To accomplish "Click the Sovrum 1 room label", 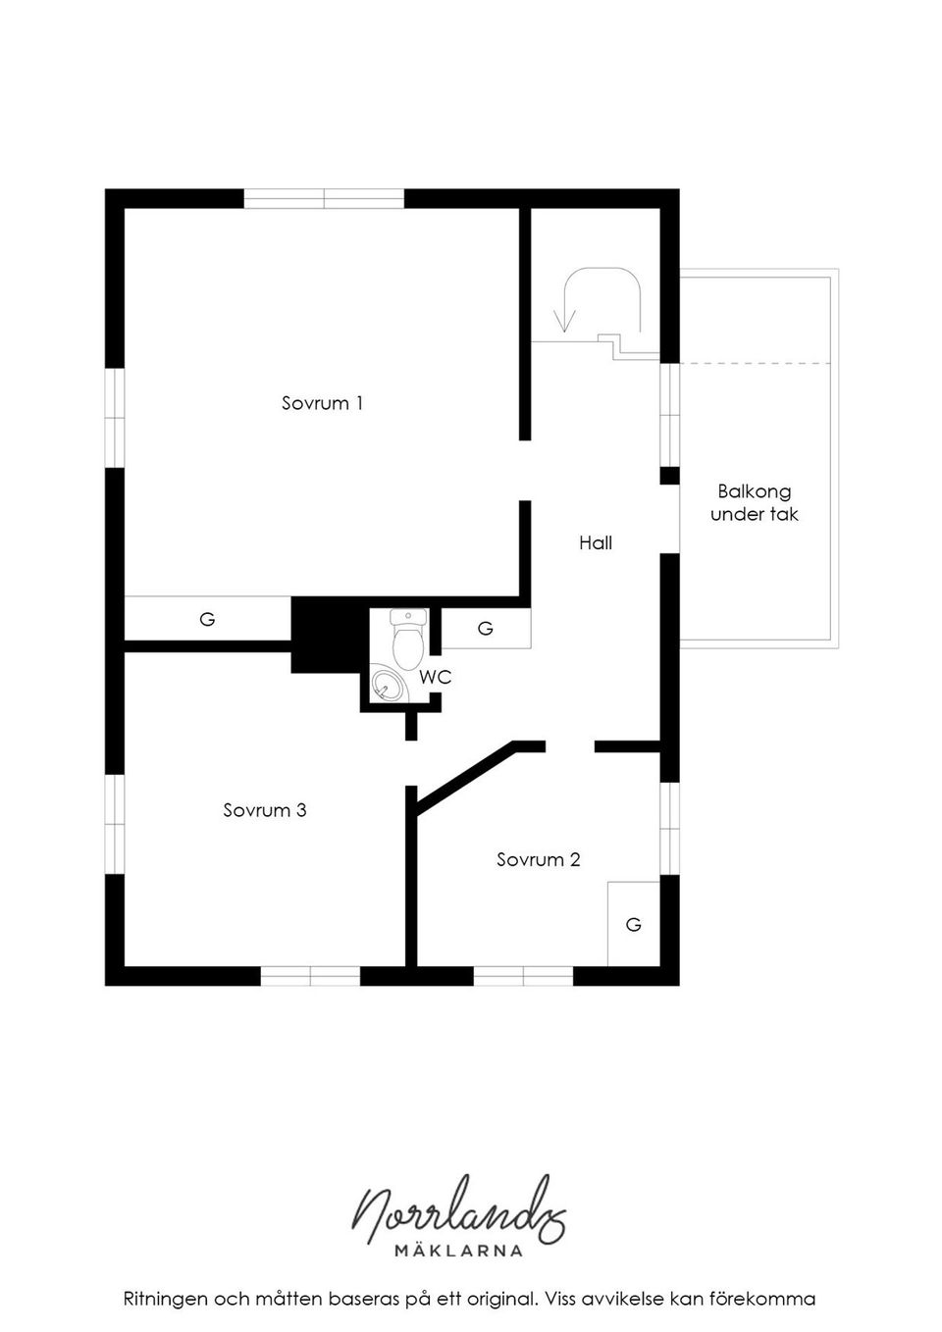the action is tap(322, 403).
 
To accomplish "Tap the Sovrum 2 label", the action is tap(538, 859).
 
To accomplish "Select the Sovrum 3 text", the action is tap(265, 810).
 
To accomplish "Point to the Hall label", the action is tap(596, 542).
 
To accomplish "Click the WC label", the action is tap(436, 677).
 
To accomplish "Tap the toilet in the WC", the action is tap(408, 640).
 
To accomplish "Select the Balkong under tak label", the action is tap(754, 502).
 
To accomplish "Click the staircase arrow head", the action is tap(564, 321).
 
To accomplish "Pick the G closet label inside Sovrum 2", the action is tap(633, 924).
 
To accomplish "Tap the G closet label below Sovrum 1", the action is tap(207, 619).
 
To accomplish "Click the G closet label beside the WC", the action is tap(486, 628).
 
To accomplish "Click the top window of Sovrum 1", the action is tap(324, 198).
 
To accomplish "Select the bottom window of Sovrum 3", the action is tap(310, 976).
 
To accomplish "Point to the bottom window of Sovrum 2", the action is tap(523, 976).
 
